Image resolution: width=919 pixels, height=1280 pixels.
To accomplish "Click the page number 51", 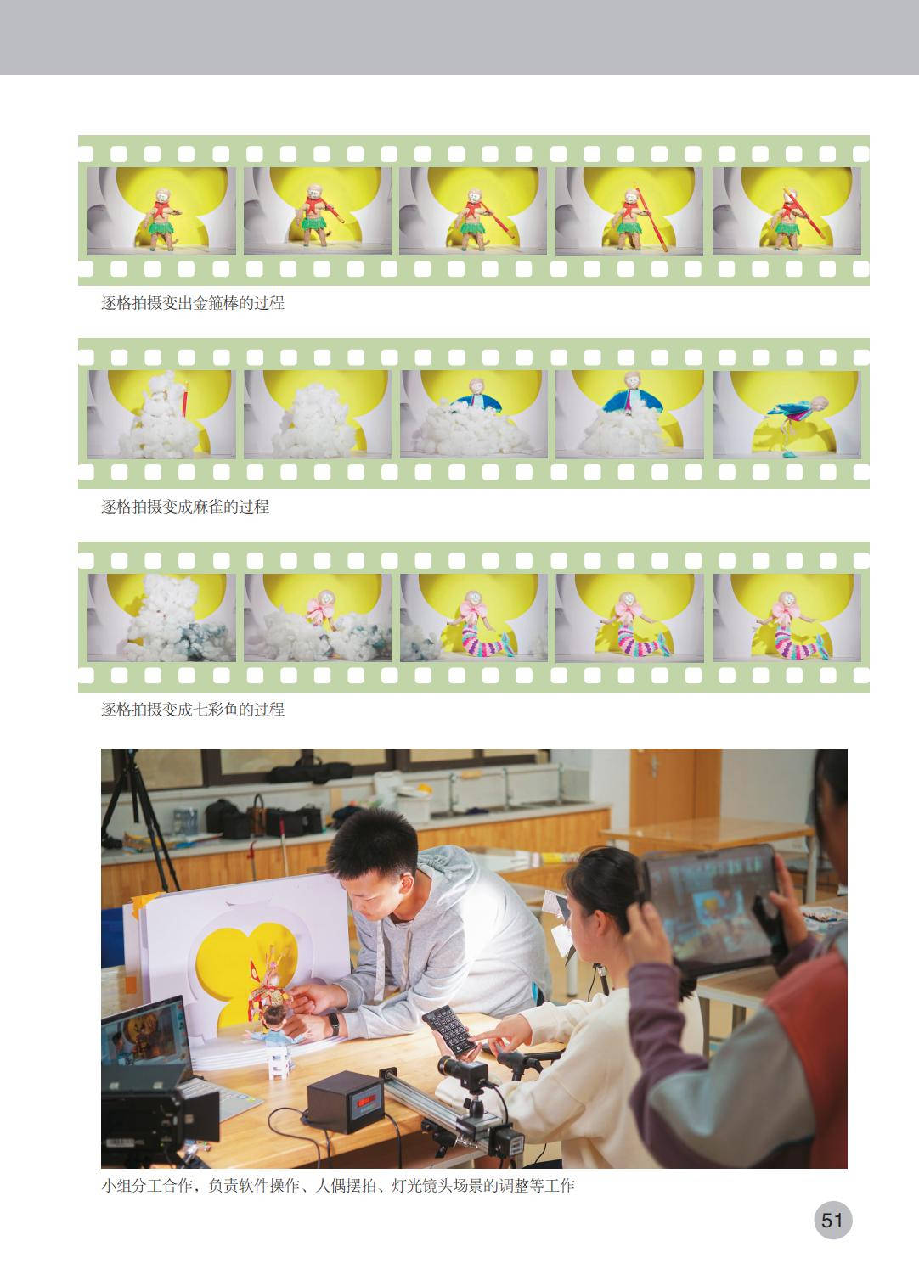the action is [832, 1221].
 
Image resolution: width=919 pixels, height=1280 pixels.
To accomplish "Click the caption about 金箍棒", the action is [193, 303].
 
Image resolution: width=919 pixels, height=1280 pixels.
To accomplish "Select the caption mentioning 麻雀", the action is [184, 506].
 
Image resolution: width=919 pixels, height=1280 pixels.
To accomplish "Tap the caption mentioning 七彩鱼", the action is [193, 709].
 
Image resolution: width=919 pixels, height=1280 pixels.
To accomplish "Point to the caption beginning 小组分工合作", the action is [337, 1186].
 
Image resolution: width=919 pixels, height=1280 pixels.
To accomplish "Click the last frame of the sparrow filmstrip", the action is [787, 413].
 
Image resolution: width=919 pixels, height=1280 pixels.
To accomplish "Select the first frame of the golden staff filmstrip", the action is [161, 211].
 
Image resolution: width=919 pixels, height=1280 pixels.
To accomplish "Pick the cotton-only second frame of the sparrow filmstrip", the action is [318, 413].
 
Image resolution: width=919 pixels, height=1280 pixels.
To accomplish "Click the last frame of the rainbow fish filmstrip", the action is [787, 618].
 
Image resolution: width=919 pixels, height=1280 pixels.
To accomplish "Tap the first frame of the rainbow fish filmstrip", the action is [161, 618].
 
